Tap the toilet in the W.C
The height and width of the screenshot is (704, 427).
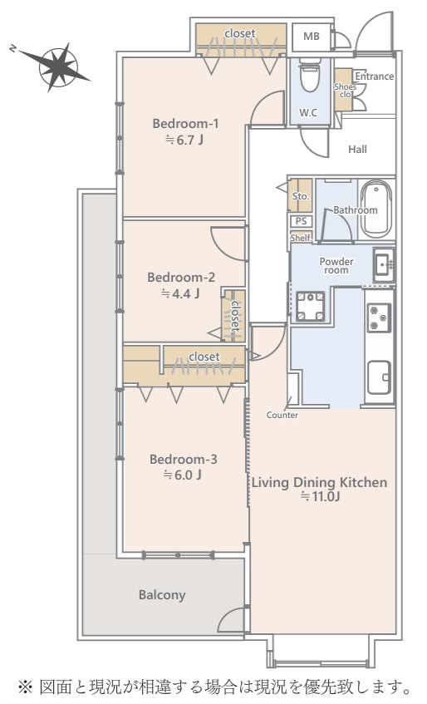[309, 75]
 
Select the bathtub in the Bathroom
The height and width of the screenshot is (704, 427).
[375, 209]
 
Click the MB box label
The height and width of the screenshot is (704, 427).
[312, 37]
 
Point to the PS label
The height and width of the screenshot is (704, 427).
[302, 221]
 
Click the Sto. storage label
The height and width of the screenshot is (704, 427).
[301, 196]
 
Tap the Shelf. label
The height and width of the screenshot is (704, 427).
[301, 238]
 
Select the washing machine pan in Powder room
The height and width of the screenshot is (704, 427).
[310, 306]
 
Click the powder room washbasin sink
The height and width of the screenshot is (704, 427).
[384, 265]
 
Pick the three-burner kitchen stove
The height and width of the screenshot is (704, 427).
[379, 318]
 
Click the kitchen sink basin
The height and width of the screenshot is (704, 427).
[379, 377]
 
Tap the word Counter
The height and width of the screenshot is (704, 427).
[282, 415]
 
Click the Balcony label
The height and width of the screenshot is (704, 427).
[162, 595]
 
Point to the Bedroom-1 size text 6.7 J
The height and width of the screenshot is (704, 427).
[184, 140]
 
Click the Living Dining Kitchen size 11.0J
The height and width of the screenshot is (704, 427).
[321, 497]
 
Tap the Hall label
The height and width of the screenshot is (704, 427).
[357, 150]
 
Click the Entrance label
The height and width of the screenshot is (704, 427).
[375, 76]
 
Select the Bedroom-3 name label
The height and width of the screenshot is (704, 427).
[184, 460]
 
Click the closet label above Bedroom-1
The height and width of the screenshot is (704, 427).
[240, 33]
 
